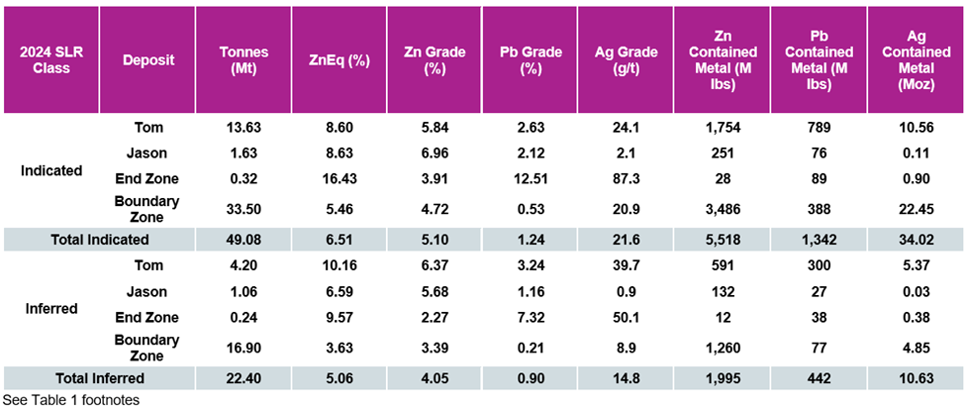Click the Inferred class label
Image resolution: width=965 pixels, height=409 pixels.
(x=50, y=308)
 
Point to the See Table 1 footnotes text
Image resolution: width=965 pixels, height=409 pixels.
(x=70, y=400)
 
